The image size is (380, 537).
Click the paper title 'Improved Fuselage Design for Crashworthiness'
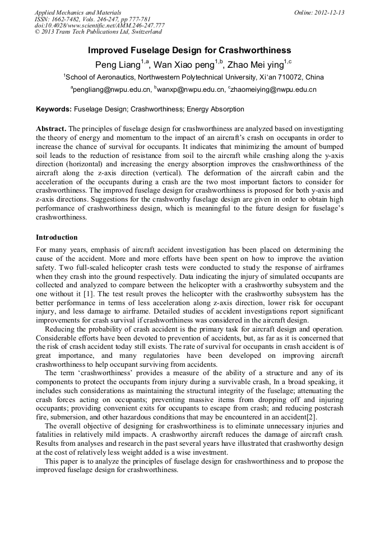point(189,50)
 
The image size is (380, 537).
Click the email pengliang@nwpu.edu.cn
point(112,90)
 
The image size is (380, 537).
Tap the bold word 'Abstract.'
point(51,128)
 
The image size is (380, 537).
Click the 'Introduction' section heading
point(57,237)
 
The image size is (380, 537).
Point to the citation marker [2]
point(312,417)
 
